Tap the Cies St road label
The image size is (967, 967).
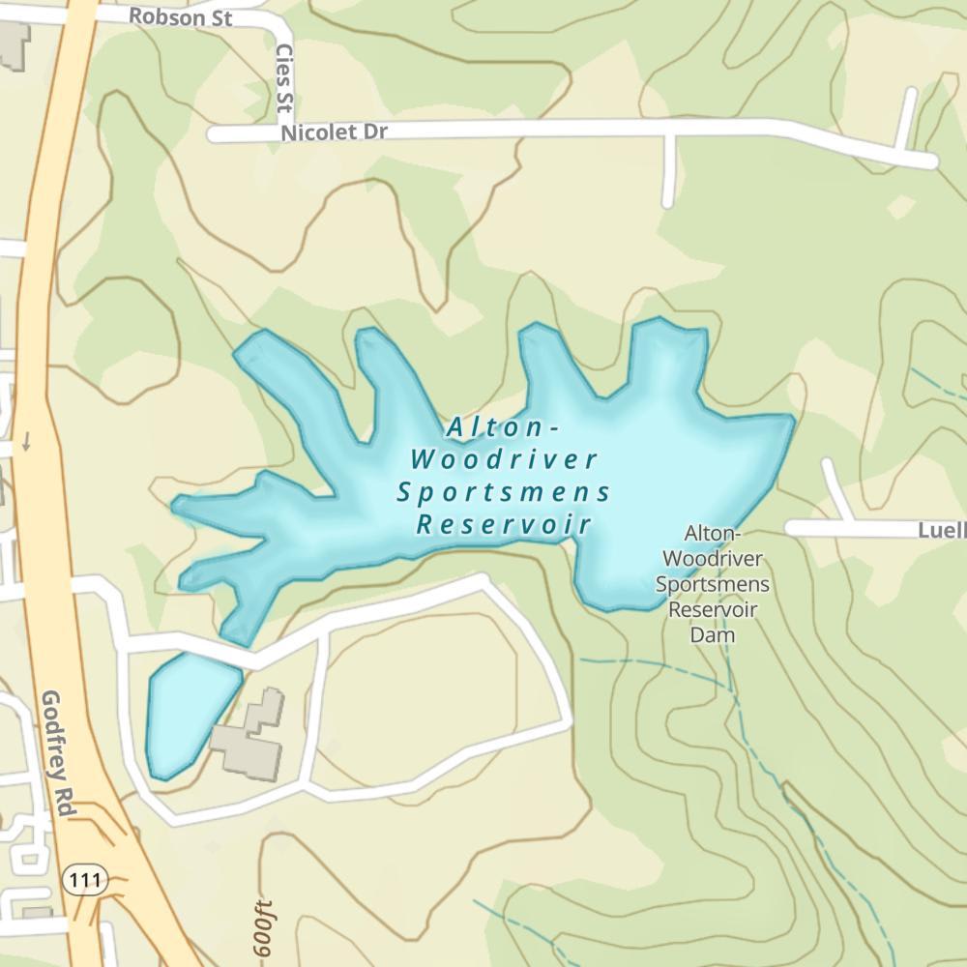pos(284,77)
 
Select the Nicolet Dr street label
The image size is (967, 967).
pos(334,132)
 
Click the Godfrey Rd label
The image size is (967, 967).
pos(59,754)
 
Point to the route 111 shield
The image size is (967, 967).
pos(82,880)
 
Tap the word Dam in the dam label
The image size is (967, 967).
pos(713,635)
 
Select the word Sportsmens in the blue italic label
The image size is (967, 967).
pos(504,492)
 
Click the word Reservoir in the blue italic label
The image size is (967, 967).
pos(504,525)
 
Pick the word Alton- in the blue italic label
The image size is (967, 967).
pos(504,426)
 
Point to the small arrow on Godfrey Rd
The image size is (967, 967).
pos(27,440)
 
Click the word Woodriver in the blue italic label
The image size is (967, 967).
pos(504,459)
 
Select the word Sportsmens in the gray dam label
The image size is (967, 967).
pos(713,585)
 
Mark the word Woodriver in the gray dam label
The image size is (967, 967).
pos(713,560)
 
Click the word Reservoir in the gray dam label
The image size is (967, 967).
pos(713,610)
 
